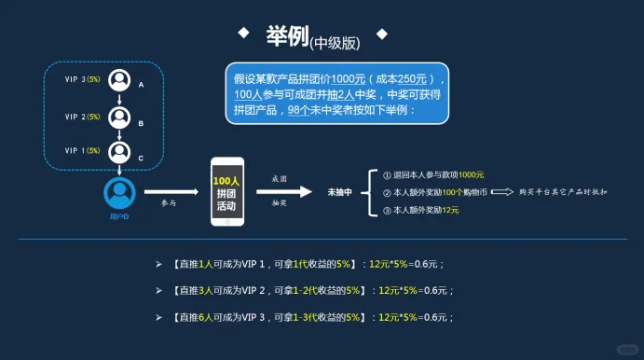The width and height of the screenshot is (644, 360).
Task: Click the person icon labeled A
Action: click(118, 81)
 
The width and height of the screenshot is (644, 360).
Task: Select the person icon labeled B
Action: click(118, 118)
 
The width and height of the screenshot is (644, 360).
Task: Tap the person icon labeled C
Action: click(118, 151)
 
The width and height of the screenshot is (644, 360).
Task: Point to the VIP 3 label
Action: click(82, 79)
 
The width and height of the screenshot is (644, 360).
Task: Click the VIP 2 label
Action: click(82, 117)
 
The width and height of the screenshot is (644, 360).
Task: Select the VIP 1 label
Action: click(82, 150)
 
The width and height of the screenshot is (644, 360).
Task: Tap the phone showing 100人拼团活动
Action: click(226, 191)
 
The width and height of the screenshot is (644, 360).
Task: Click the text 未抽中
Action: click(339, 192)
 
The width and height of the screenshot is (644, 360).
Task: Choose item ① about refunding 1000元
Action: click(428, 174)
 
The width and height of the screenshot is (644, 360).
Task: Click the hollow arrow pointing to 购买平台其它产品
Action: click(502, 192)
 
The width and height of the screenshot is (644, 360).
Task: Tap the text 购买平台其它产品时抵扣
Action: click(563, 192)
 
